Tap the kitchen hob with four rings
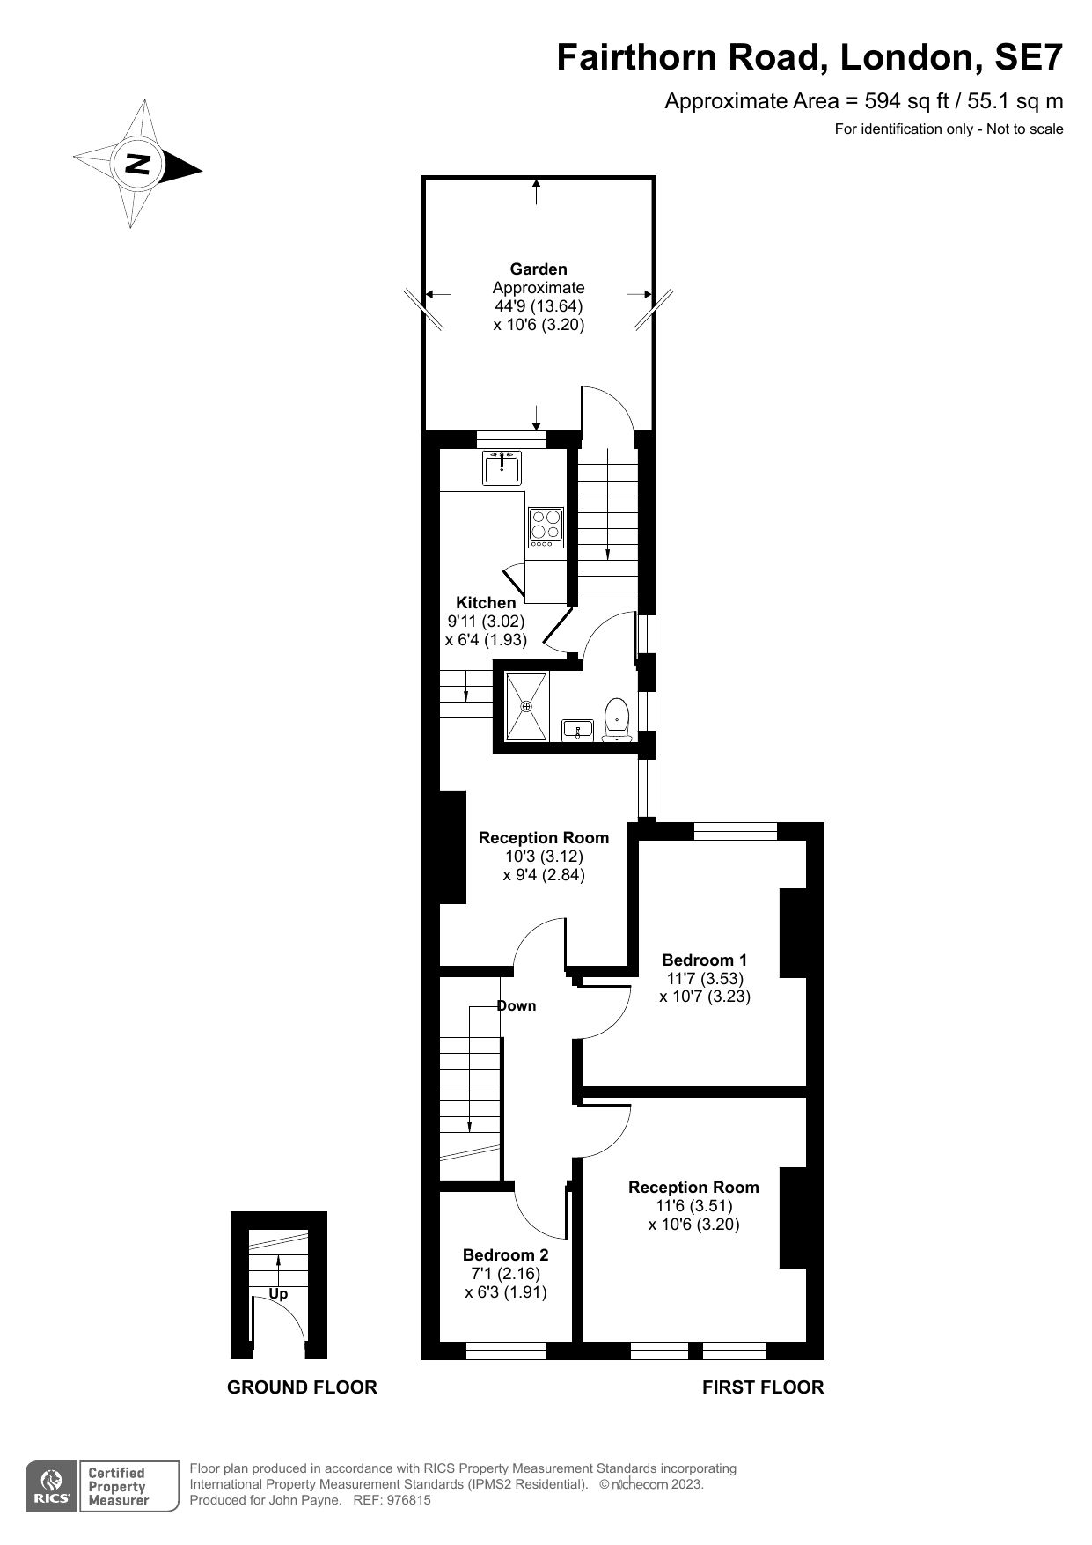pyautogui.click(x=545, y=527)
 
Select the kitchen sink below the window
pyautogui.click(x=502, y=467)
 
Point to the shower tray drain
pyautogui.click(x=526, y=706)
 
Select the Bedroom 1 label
pyautogui.click(x=704, y=960)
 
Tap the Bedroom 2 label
pyautogui.click(x=505, y=1254)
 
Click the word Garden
pyautogui.click(x=538, y=269)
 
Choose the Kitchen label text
pyautogui.click(x=485, y=602)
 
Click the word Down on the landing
pyautogui.click(x=517, y=1005)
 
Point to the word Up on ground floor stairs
pyautogui.click(x=278, y=1293)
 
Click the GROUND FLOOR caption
pyautogui.click(x=302, y=1387)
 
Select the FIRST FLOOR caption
pyautogui.click(x=762, y=1387)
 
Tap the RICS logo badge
pyautogui.click(x=51, y=1486)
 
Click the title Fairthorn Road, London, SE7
pyautogui.click(x=810, y=58)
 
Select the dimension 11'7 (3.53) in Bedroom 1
pyautogui.click(x=704, y=978)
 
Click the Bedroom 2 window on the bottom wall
pyautogui.click(x=506, y=1350)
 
